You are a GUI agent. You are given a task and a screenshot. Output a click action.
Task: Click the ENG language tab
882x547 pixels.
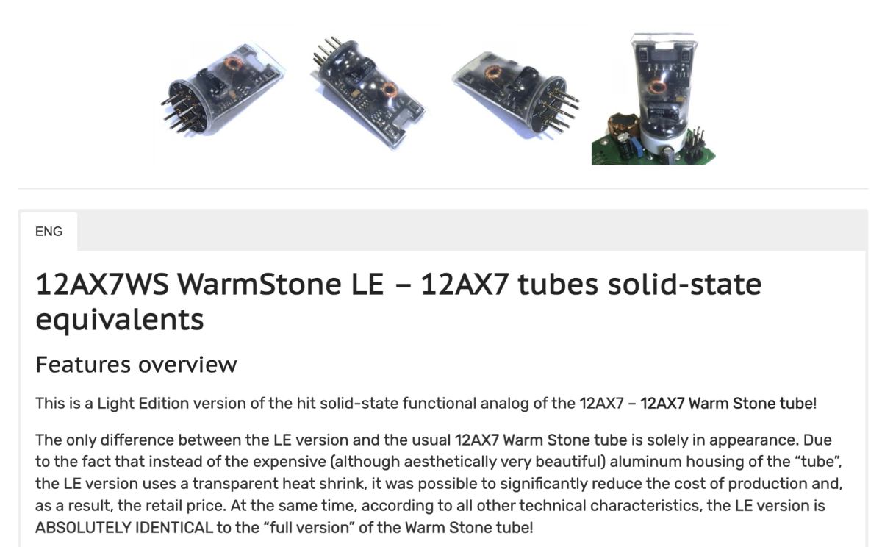[49, 232]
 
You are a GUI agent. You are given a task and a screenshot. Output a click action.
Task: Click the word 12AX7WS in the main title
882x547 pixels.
[102, 285]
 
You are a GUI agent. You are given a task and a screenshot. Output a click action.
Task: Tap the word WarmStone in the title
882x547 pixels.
[259, 285]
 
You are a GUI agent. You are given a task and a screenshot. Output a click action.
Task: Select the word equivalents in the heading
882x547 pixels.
[120, 319]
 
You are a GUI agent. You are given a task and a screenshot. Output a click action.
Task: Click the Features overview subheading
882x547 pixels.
[136, 365]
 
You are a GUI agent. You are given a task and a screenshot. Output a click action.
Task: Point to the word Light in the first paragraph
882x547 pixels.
[115, 404]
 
